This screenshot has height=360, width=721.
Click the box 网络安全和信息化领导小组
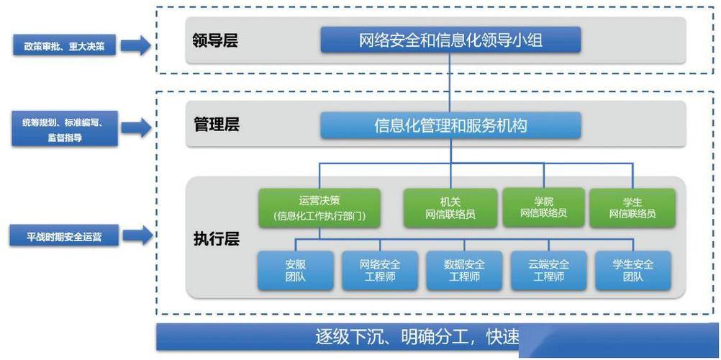coord(450,40)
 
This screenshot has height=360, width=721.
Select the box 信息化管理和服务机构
coord(450,126)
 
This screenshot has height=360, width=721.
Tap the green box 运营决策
coord(319,208)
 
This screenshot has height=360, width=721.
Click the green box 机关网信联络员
coord(450,208)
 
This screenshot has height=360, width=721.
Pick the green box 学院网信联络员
coord(543,208)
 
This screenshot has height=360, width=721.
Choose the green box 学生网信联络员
coord(632,208)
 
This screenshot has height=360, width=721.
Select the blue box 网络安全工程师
coord(380,271)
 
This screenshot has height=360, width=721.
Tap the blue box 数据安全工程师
coord(464,271)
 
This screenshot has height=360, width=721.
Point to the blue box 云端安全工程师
coord(548,271)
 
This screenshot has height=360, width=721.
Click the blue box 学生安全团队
coord(633,271)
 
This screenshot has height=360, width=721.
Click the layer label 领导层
coord(215,40)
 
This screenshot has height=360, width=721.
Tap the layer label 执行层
coord(216,238)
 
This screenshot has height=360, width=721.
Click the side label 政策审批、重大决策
coord(64,46)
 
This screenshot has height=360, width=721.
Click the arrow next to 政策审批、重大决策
coord(135,46)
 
